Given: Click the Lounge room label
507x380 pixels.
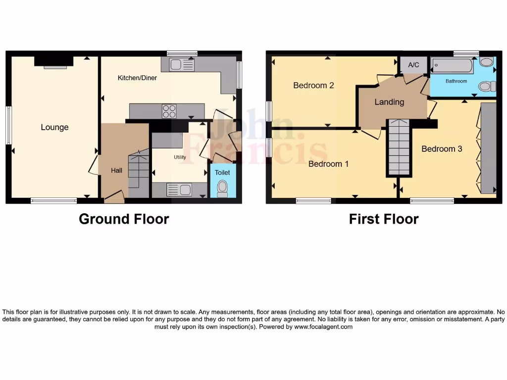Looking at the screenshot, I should click(x=54, y=127).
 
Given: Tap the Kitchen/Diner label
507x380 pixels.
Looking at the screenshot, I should click(x=137, y=78).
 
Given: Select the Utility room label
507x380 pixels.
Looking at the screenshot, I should click(x=179, y=157).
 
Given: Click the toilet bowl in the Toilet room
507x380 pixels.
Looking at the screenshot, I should click(x=222, y=188).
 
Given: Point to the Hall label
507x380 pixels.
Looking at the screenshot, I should click(x=116, y=170).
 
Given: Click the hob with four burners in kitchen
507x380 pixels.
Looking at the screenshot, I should click(x=169, y=111).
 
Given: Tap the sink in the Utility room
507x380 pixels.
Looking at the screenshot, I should click(x=179, y=190).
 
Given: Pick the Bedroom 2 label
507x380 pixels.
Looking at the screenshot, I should click(x=313, y=85).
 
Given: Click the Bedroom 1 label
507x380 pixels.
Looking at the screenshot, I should click(x=328, y=163).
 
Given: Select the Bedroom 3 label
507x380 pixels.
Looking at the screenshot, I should click(x=442, y=148).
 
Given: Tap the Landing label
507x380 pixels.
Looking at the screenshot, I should click(x=389, y=102).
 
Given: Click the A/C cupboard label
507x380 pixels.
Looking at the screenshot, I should click(x=413, y=65).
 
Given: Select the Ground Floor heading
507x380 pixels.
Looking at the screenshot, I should click(x=124, y=219).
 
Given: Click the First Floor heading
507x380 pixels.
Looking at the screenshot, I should click(x=384, y=219).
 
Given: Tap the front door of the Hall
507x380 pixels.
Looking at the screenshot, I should click(x=114, y=197).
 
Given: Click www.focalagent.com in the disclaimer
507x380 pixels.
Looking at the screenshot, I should click(x=323, y=327).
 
